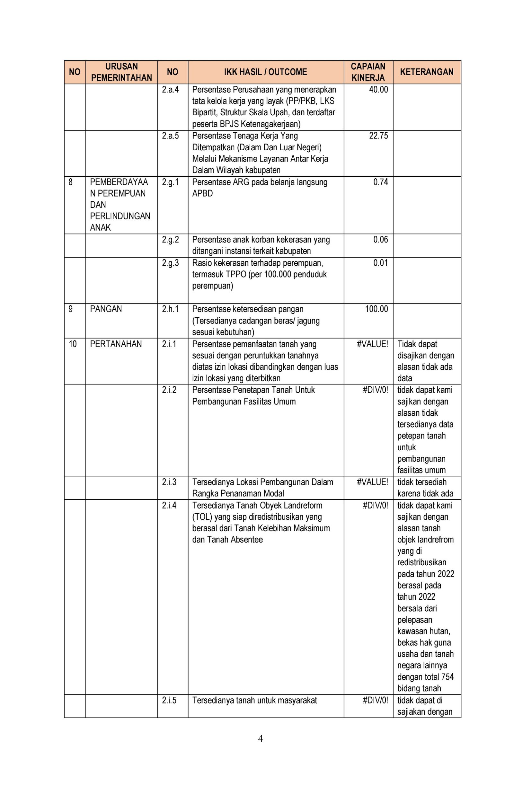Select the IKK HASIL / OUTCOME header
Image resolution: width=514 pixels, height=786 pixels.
[x=265, y=72]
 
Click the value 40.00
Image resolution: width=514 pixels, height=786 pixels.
[x=378, y=90]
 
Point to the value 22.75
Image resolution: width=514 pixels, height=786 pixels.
[x=378, y=136]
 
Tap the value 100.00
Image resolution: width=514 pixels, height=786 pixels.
[x=376, y=309]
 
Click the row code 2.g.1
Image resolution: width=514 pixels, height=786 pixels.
[x=170, y=182]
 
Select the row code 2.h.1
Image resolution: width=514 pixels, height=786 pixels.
[x=170, y=309]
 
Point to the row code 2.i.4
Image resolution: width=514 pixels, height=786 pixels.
[x=169, y=505]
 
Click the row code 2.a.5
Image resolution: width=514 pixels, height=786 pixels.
[x=170, y=136]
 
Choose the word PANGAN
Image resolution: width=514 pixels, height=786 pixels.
[x=106, y=309]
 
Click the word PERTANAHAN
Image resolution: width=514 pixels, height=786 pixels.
[x=116, y=344]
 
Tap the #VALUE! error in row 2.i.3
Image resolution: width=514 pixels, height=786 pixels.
[x=372, y=482]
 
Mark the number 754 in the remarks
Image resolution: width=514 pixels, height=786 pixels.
[x=447, y=677]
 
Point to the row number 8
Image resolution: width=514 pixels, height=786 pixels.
[x=70, y=182]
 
